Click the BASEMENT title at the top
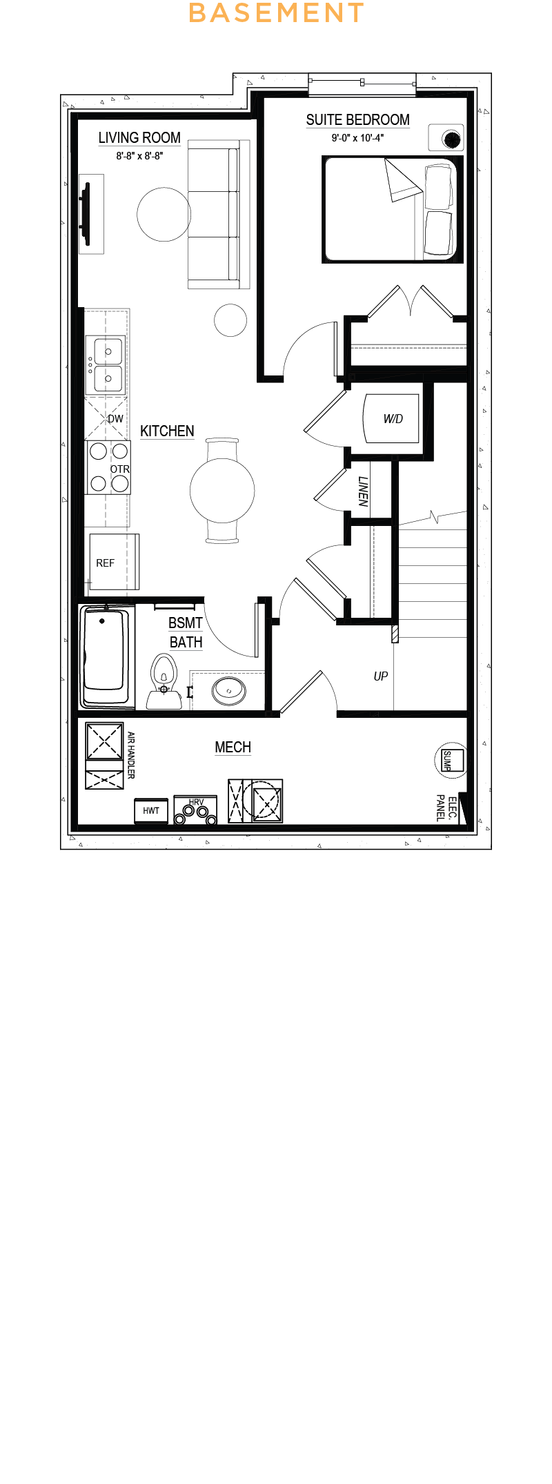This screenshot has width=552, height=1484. tap(276, 12)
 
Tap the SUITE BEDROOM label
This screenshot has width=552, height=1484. tap(357, 120)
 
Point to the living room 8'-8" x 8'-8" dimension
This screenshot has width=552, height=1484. tap(139, 156)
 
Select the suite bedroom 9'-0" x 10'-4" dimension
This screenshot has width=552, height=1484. tap(357, 138)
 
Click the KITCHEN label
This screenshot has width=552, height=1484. tap(167, 431)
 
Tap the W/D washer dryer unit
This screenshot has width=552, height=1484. tap(391, 418)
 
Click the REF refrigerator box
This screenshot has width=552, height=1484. tap(115, 562)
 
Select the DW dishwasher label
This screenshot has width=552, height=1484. tap(115, 419)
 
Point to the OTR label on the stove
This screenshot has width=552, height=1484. tap(120, 469)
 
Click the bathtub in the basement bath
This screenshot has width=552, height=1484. tap(106, 656)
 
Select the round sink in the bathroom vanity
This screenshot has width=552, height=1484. tap(228, 690)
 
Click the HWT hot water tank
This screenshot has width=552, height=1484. tap(151, 810)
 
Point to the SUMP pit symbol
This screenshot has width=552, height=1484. tap(450, 760)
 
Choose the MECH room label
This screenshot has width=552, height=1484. tap(233, 748)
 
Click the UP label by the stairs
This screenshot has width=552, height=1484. tap(381, 676)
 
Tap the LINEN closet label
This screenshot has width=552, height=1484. tap(363, 491)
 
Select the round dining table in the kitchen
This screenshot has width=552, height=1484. tap(222, 491)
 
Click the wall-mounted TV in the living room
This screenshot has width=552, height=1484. tap(86, 213)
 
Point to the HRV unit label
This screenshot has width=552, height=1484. tap(196, 803)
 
